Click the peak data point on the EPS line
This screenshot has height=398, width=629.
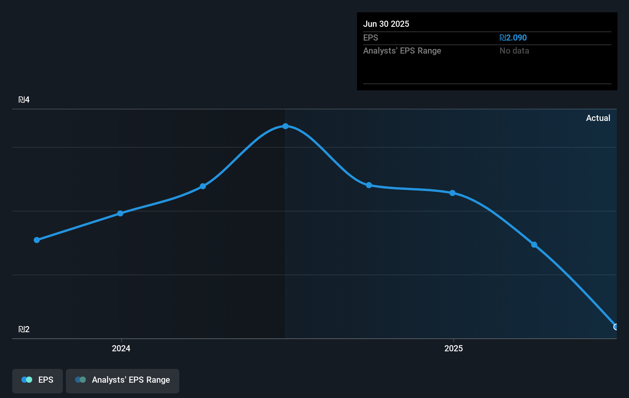point(285,126)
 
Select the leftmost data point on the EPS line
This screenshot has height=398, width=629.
point(37,240)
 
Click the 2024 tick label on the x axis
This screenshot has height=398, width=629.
point(121,348)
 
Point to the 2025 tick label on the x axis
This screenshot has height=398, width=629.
point(454,348)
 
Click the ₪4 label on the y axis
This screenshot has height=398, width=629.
point(24,100)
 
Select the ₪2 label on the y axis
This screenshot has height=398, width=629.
point(24,329)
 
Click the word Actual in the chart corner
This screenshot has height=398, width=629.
point(598,118)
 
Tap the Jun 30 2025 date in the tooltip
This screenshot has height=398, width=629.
point(386,24)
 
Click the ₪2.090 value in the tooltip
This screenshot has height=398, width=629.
point(513,38)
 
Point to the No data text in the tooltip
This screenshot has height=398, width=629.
point(514,51)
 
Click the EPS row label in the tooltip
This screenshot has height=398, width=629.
point(370,38)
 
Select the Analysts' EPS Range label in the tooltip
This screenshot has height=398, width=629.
point(402,51)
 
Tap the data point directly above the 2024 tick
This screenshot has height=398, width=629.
point(120,213)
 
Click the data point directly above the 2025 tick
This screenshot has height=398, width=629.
point(452,193)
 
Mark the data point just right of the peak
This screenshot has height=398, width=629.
point(369,185)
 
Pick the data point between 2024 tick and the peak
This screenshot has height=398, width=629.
point(203,186)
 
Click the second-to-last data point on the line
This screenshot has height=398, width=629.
point(534,245)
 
